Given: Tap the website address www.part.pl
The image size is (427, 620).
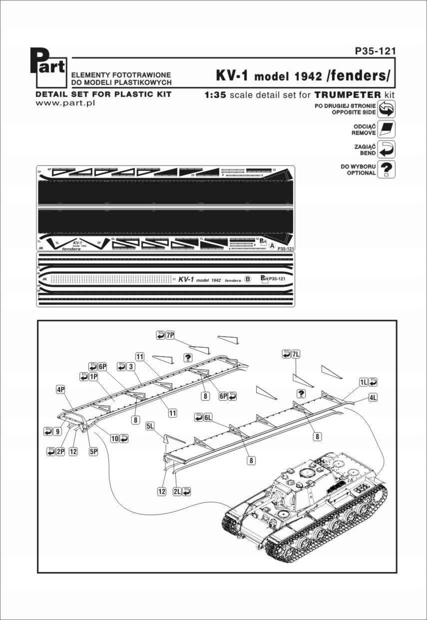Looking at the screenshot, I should (66, 103).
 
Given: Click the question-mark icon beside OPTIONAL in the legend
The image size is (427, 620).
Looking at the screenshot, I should (387, 169).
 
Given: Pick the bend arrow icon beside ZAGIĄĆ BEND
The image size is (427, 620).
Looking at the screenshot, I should (387, 149).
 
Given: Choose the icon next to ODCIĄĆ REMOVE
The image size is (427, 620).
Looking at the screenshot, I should (387, 129).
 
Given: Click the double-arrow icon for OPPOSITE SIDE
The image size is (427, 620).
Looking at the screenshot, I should (387, 108).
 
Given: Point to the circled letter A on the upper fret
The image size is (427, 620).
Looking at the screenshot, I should (271, 246).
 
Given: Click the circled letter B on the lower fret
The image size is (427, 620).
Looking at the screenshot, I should (247, 279).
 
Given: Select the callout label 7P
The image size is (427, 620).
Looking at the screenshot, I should (170, 335).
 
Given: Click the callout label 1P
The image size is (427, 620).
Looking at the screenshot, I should (93, 377).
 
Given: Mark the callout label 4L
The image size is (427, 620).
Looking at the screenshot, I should (373, 398).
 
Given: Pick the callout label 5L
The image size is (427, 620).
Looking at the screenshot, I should (150, 426).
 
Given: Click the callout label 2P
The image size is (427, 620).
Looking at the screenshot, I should (60, 451).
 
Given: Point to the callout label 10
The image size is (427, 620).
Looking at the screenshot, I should (115, 438).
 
